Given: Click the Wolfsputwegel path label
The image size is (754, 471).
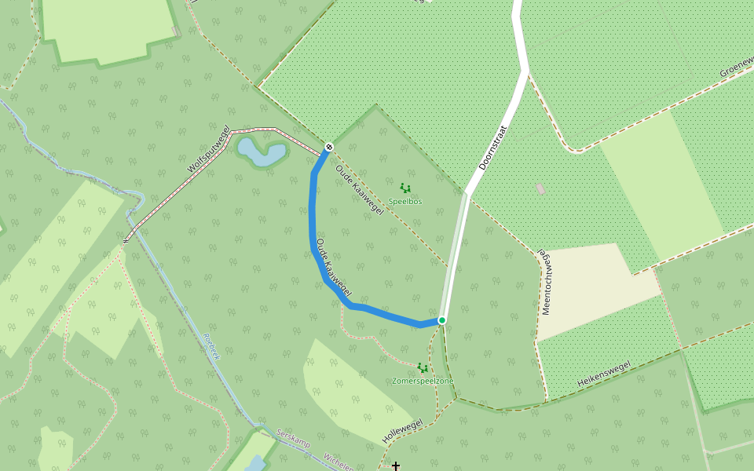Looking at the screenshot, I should click(209, 149).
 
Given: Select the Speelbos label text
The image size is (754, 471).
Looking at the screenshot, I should click(405, 202).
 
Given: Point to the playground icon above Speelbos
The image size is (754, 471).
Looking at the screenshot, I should click(405, 188).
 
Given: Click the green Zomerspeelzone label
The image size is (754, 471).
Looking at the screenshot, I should click(423, 382).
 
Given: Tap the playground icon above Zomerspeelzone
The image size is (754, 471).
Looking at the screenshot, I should click(423, 367).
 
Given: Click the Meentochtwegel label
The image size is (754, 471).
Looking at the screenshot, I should click(544, 283).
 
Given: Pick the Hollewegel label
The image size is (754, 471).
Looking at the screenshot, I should click(402, 432).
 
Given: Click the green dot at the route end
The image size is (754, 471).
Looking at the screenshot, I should click(442, 320).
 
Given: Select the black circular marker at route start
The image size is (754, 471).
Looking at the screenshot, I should click(329, 147).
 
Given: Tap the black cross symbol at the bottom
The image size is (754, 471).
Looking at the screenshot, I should click(396, 466).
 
